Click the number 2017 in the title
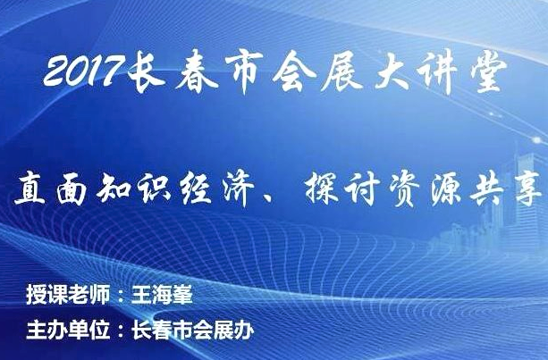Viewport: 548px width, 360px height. point(84,71)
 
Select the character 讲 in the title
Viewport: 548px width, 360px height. point(437,73)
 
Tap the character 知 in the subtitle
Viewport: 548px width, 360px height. point(113,190)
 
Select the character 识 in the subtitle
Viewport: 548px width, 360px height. point(154,189)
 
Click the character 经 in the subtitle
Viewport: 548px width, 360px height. point(196,189)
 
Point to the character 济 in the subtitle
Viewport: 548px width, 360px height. point(238,189)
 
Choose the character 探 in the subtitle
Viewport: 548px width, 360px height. point(322,190)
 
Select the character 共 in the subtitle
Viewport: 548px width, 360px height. point(486,190)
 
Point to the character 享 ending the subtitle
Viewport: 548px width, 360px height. point(527,190)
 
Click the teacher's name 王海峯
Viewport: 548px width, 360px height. point(162,295)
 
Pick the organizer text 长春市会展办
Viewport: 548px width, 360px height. point(192,331)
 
